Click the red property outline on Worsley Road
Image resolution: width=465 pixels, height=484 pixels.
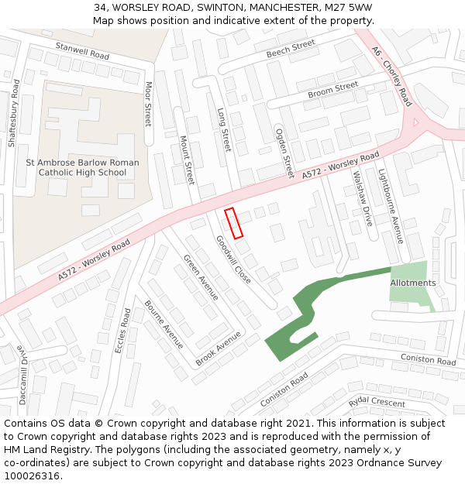[234, 223]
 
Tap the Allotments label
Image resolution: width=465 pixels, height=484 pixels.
[413, 283]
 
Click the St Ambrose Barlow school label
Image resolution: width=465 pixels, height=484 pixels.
[82, 167]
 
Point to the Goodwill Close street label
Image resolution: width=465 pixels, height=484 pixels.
[234, 260]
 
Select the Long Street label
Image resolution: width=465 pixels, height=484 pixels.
[224, 129]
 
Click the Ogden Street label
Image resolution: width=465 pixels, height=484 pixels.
[284, 153]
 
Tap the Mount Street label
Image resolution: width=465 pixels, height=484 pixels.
[187, 160]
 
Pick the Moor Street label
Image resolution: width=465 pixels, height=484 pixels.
[148, 104]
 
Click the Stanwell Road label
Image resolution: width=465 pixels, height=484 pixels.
[82, 51]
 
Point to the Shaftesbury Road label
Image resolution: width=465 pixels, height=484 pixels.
[13, 113]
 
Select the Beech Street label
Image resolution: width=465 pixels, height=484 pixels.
[291, 49]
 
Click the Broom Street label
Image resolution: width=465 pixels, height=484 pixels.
[332, 90]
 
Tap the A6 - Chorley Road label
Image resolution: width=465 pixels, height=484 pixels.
[391, 75]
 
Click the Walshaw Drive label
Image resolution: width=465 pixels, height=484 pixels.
[363, 198]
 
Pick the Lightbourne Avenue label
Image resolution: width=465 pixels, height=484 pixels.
[391, 206]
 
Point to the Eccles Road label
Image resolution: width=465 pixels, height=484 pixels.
[122, 331]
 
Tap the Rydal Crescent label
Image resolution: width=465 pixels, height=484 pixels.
[377, 402]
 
